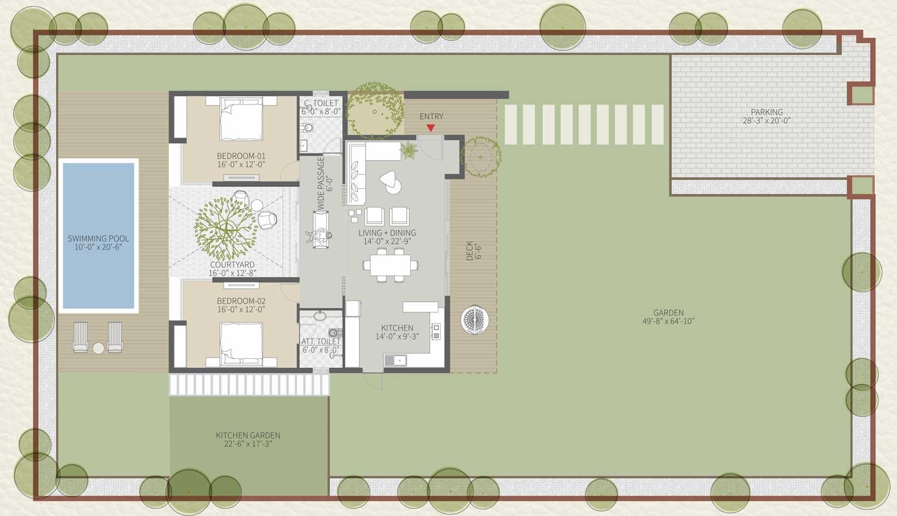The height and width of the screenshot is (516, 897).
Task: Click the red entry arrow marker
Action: coord(431,128)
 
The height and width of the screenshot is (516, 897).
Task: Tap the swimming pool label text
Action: coord(98,243)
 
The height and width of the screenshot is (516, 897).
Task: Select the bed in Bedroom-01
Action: coord(241,118)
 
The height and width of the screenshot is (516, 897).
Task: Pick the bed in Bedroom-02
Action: coord(241,344)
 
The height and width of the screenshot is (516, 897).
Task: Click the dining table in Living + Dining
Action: coord(390,265)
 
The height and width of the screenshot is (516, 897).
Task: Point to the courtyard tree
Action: coord(225,229)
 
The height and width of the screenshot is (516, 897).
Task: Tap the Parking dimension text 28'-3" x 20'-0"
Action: coord(767,121)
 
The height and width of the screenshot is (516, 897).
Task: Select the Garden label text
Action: coord(669,312)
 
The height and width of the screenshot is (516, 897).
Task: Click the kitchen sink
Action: coord(396,360)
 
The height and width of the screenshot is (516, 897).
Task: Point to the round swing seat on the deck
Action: coord(475,320)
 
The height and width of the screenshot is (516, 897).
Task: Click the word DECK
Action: coord(469,251)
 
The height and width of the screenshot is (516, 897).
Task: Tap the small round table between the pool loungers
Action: coord(98,348)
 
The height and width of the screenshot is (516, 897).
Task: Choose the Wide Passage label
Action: coord(321,182)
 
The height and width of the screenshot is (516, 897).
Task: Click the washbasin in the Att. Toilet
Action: coord(319,316)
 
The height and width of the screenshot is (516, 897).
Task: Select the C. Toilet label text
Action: coord(321,103)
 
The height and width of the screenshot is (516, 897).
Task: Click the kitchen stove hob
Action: coord(436,331)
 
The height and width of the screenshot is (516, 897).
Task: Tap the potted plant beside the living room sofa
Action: coord(409,150)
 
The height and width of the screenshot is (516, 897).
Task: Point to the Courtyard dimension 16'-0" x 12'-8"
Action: coord(232,273)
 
